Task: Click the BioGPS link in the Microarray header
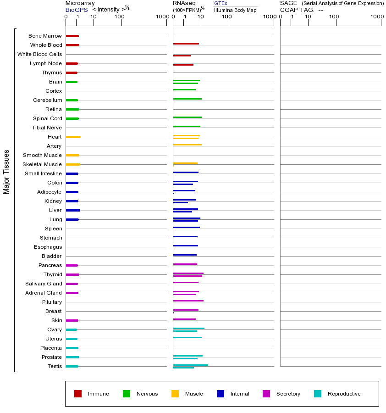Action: pos(76,10)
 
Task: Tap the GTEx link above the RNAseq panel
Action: pos(221,4)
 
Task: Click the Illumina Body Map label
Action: pos(235,10)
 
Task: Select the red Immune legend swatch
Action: pos(78,394)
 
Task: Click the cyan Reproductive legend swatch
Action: pos(318,394)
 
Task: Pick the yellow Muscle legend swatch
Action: pos(175,394)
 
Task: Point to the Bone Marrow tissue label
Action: pos(45,36)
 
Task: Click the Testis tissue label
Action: pos(55,366)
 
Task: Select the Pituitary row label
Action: pos(52,302)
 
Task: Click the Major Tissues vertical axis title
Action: pos(6,172)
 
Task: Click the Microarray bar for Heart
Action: pos(73,137)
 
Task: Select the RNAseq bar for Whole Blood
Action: pos(186,44)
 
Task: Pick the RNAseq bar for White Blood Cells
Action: pos(182,56)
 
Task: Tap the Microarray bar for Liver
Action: pos(73,210)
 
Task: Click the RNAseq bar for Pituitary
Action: pos(188,301)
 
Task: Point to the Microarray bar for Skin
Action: pos(72,320)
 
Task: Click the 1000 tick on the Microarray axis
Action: pos(161,17)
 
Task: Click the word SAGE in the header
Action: pos(288,3)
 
